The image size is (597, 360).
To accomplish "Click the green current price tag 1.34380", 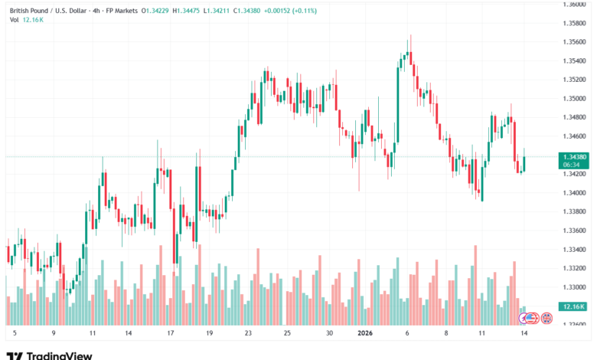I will coord(573,156).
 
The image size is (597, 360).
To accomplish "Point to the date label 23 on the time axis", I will coord(248,334).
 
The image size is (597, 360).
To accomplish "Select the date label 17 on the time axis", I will coord(170,334).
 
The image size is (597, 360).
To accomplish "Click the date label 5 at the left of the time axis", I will coord(15,334).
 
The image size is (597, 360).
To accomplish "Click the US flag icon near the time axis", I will coord(533,317).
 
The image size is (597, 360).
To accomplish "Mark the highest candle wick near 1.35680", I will coord(411,35).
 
